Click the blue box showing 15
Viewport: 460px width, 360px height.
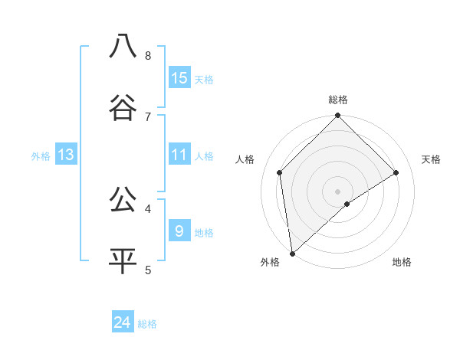(179, 78)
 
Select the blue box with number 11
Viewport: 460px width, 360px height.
(179, 155)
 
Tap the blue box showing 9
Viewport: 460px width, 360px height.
(179, 231)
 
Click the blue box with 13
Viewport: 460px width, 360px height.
(66, 155)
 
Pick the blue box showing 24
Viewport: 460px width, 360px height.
(123, 322)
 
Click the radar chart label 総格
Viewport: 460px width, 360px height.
(338, 100)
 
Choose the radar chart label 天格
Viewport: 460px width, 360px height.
(431, 159)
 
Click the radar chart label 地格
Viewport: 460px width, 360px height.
(402, 262)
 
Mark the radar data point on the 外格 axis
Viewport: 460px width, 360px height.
(291, 254)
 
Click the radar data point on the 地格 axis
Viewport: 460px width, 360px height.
(347, 204)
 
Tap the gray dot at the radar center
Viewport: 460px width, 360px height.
(338, 191)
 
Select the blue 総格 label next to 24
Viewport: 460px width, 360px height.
(147, 324)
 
